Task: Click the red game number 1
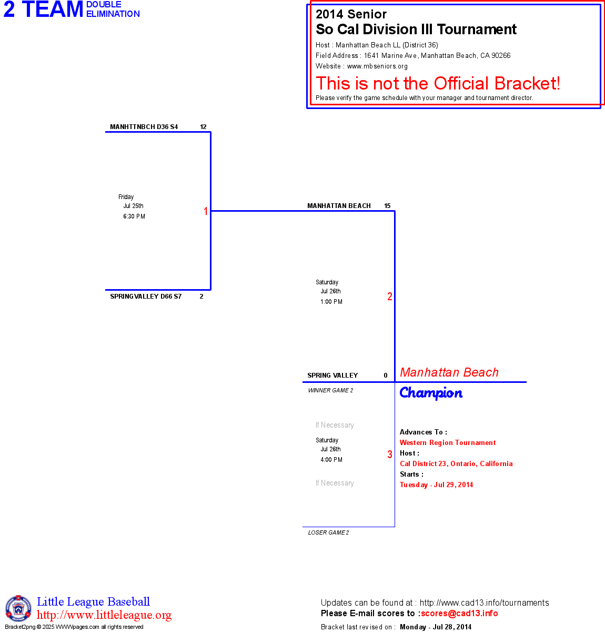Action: (x=206, y=211)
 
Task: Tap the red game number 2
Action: (x=390, y=297)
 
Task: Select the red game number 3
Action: (x=390, y=455)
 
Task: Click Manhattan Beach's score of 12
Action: (x=203, y=127)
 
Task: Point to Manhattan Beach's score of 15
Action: (x=387, y=206)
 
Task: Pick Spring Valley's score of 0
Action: (x=386, y=376)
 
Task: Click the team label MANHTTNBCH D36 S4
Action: (x=144, y=127)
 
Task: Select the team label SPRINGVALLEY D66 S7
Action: (x=146, y=297)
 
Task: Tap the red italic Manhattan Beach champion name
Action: (x=449, y=372)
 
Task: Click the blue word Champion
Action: (x=431, y=393)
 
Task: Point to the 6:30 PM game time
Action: (x=134, y=216)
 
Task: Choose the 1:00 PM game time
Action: (x=331, y=302)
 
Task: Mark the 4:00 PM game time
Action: (x=331, y=460)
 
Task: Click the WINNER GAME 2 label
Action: (x=330, y=390)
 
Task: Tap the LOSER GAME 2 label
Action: (x=328, y=532)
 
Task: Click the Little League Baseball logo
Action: (x=18, y=608)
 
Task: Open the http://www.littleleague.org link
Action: (x=104, y=615)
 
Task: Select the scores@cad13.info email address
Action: (x=459, y=613)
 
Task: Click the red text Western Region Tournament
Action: (x=448, y=443)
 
